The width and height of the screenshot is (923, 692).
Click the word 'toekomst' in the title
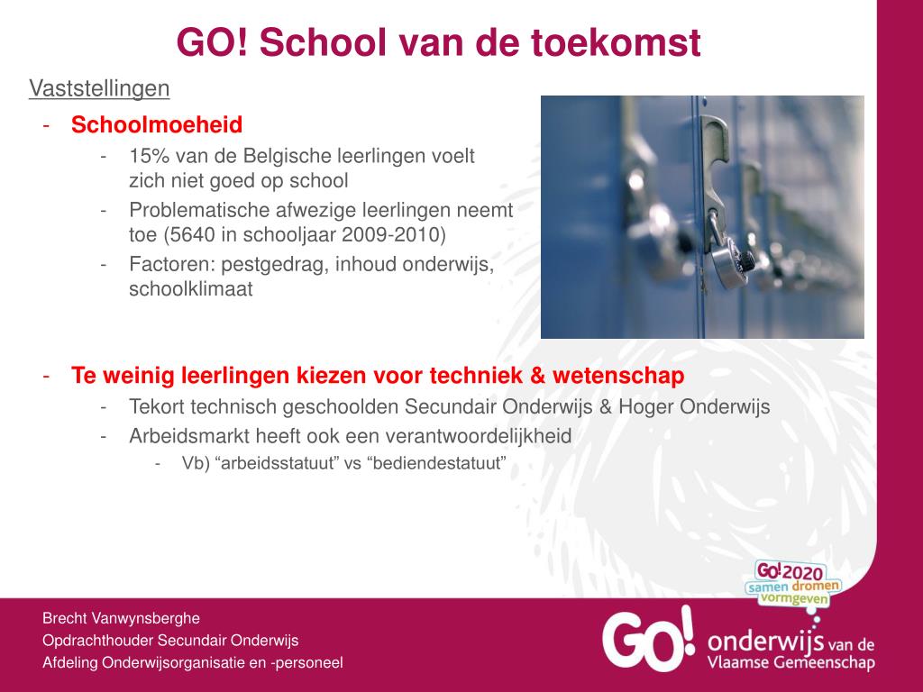[x=616, y=42]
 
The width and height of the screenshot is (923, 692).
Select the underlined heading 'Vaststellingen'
[x=99, y=88]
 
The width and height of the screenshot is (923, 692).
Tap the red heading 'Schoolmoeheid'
[x=157, y=124]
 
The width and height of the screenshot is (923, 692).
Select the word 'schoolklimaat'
[x=191, y=289]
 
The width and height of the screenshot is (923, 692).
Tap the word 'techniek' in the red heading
[x=476, y=376]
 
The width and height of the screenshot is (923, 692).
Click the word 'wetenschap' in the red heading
[x=618, y=376]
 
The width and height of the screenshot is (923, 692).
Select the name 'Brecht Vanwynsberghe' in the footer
[x=122, y=618]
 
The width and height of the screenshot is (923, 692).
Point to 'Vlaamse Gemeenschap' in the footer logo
[x=791, y=662]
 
